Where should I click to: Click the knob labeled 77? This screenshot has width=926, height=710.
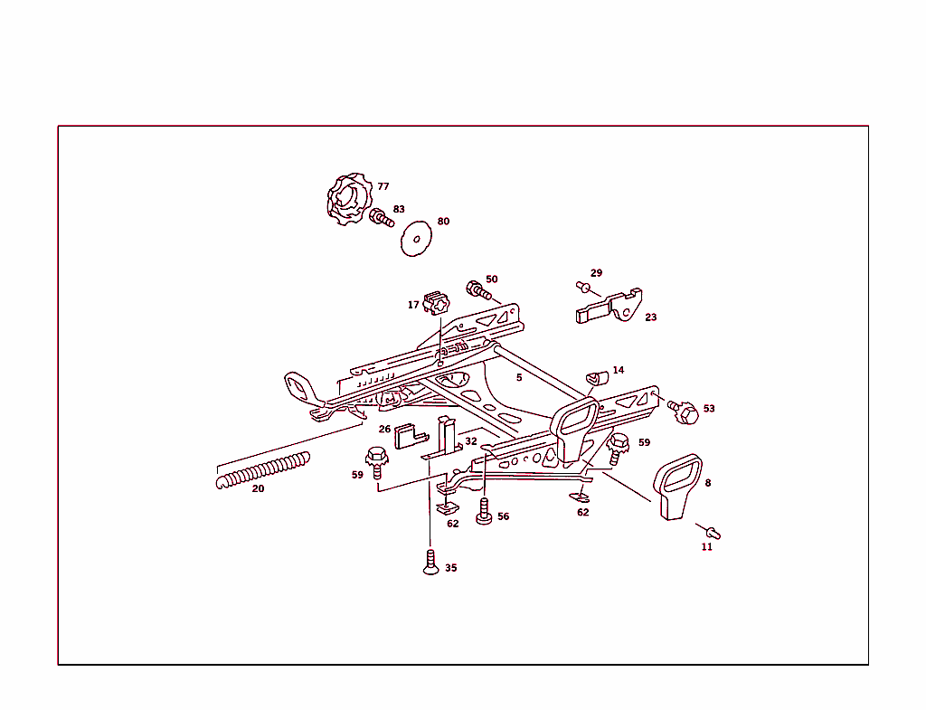(348, 200)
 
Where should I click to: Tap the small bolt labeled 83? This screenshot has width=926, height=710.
(382, 217)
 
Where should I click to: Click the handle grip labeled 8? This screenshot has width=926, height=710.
(677, 487)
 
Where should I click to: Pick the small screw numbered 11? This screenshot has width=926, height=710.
(713, 532)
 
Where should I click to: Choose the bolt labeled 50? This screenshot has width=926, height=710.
(477, 291)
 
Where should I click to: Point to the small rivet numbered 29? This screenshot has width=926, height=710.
(583, 288)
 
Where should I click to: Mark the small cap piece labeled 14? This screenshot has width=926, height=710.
(597, 375)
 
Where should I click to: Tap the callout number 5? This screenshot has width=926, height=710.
(519, 377)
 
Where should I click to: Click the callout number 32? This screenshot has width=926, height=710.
(471, 441)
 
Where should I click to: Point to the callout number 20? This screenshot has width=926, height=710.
(258, 488)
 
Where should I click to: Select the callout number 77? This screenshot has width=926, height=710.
(383, 186)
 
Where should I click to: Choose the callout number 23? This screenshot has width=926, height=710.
(651, 317)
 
